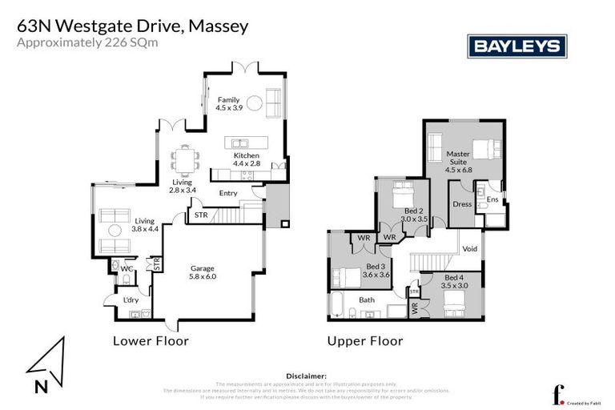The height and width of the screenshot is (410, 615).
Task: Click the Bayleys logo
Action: [517, 46]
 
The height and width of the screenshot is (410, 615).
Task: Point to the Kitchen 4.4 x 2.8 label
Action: [247, 159]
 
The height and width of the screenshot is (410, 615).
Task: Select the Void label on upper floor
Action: [470, 249]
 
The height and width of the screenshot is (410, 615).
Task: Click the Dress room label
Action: [461, 204]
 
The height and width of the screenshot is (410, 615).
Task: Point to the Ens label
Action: [492, 199]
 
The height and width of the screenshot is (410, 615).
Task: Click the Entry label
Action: [228, 193]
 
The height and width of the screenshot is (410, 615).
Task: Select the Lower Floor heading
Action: [151, 341]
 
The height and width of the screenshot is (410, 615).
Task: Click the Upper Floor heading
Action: [364, 341]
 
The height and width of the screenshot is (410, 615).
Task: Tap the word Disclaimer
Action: [307, 375]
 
